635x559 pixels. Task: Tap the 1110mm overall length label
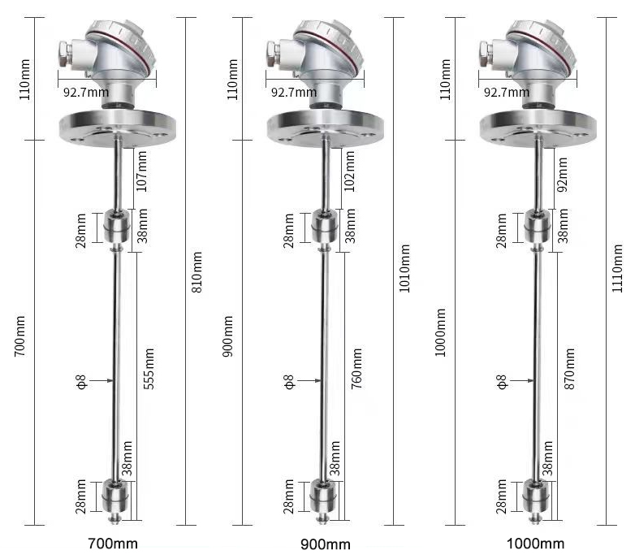click(618, 269)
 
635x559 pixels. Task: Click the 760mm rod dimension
click(357, 371)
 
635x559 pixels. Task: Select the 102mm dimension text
click(351, 173)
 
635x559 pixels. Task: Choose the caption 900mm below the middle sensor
click(322, 544)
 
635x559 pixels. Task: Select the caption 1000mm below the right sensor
click(535, 544)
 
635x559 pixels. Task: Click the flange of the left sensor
click(118, 126)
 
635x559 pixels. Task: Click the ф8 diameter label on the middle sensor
click(289, 379)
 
